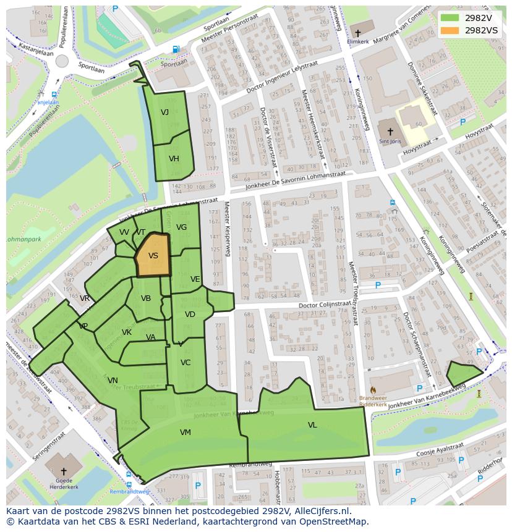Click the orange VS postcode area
click(152, 255)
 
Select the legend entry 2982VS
click(481, 30)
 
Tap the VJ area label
click(164, 112)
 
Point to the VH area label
click(174, 159)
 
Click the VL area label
click(312, 425)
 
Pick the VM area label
click(185, 433)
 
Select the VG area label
click(181, 227)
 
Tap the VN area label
click(113, 381)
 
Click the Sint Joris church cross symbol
click(390, 131)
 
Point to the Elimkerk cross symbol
click(357, 33)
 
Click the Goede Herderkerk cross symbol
click(63, 471)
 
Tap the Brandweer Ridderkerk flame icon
click(373, 390)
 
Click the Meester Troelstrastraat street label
click(354, 293)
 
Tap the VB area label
click(146, 298)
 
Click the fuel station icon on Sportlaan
click(176, 49)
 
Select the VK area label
click(127, 332)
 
